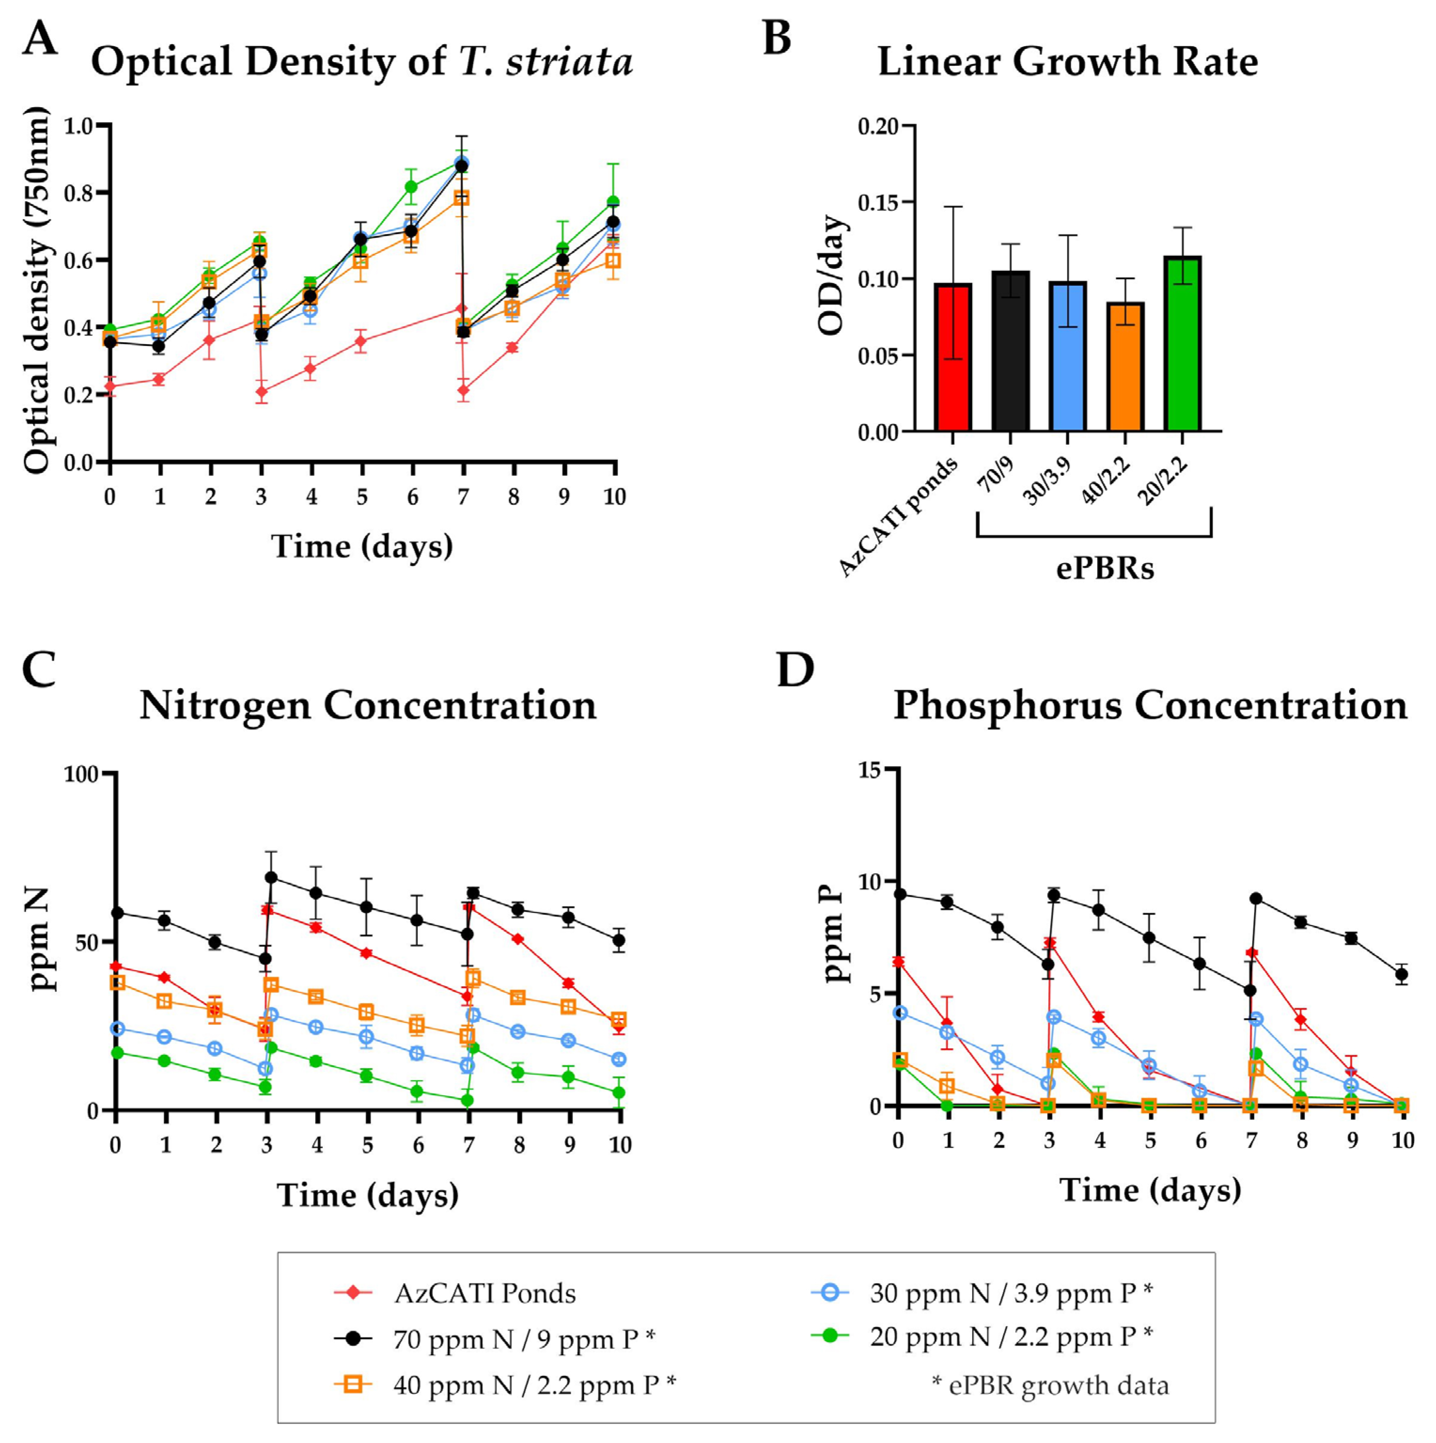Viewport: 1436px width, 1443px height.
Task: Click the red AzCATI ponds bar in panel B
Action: point(952,357)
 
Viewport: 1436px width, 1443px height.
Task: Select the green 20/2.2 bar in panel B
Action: point(1182,344)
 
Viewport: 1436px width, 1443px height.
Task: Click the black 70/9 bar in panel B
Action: point(1010,351)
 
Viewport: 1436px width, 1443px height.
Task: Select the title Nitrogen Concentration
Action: point(368,705)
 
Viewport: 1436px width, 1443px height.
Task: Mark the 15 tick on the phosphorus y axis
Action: point(869,769)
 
